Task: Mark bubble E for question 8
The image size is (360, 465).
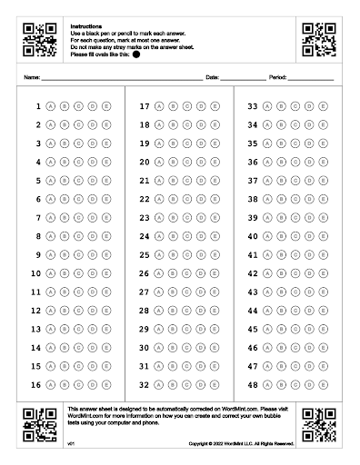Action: [x=106, y=236]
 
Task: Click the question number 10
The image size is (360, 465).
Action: [x=36, y=273]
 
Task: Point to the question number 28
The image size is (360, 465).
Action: [x=144, y=310]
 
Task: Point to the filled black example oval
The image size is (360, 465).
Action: [x=136, y=54]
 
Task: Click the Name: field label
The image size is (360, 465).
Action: [x=32, y=78]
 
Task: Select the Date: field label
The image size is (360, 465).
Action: [x=213, y=78]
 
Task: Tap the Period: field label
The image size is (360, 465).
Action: [x=277, y=78]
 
